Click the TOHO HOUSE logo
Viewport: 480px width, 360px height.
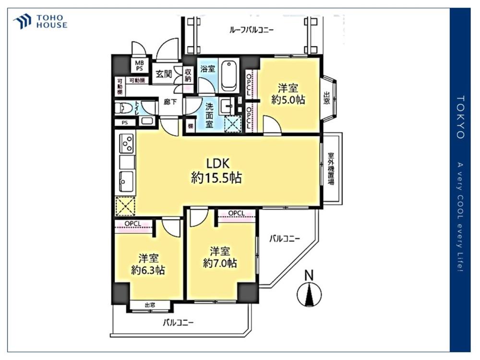pos(40,22)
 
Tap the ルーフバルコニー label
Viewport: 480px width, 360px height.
pos(252,30)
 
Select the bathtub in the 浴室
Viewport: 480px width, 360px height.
pos(229,75)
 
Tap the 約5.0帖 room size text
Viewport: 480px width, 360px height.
pos(288,100)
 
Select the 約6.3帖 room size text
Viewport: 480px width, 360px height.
pos(148,270)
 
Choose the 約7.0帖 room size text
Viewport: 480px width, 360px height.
pos(220,263)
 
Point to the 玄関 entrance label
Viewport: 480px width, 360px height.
pos(164,74)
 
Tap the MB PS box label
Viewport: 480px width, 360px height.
pos(139,66)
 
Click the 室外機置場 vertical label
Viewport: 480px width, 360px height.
pos(331,168)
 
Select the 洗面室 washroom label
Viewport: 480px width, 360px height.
pos(209,116)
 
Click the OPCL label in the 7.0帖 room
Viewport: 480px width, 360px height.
pos(236,213)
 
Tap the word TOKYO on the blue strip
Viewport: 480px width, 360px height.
pos(461,117)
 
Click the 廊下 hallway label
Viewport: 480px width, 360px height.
pos(170,102)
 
